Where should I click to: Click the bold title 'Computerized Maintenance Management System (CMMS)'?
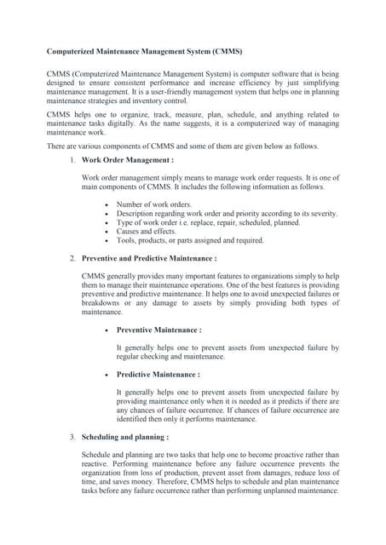[x=147, y=52]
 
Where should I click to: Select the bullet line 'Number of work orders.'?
[x=154, y=204]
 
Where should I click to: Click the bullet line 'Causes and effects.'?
[x=147, y=231]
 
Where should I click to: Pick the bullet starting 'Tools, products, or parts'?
[x=190, y=240]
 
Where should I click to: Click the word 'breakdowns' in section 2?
[x=102, y=302]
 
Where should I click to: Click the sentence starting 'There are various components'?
[x=182, y=146]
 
